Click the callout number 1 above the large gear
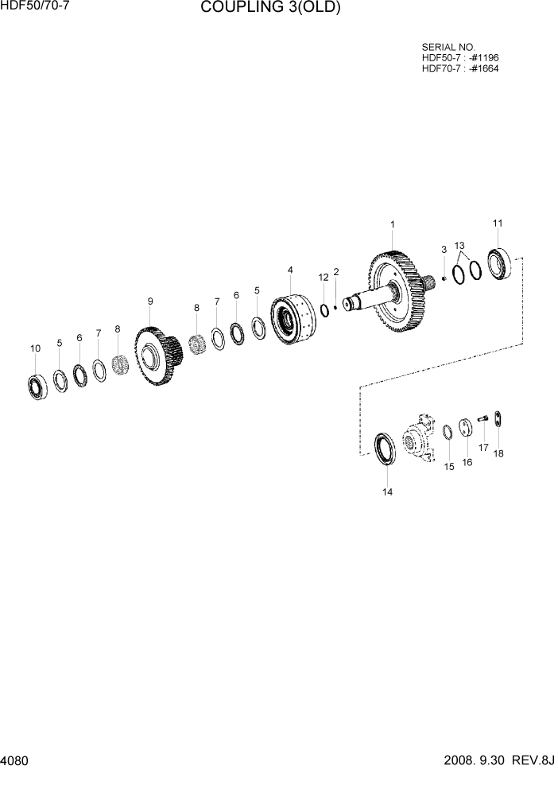(x=392, y=226)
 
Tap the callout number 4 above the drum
(x=290, y=270)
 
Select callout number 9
(x=150, y=301)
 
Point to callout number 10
(x=35, y=348)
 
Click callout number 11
(x=498, y=223)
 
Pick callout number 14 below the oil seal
(x=387, y=492)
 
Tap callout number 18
(x=498, y=453)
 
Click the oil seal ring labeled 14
(x=386, y=449)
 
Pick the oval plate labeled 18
(x=498, y=419)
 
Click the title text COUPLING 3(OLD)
(x=270, y=9)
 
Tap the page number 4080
(x=15, y=761)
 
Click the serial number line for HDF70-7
(x=460, y=68)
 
